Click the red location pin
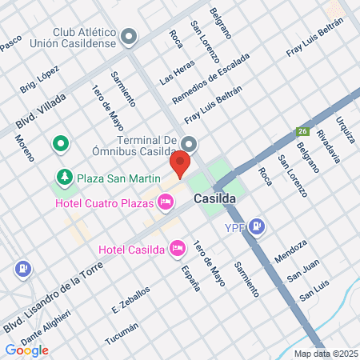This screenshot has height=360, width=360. (x=181, y=164)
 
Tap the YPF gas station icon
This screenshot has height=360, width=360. (x=256, y=227)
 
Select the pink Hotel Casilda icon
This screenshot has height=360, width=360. (x=178, y=249)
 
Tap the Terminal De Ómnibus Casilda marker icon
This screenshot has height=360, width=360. (x=188, y=144)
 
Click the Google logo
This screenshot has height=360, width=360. (x=27, y=350)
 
